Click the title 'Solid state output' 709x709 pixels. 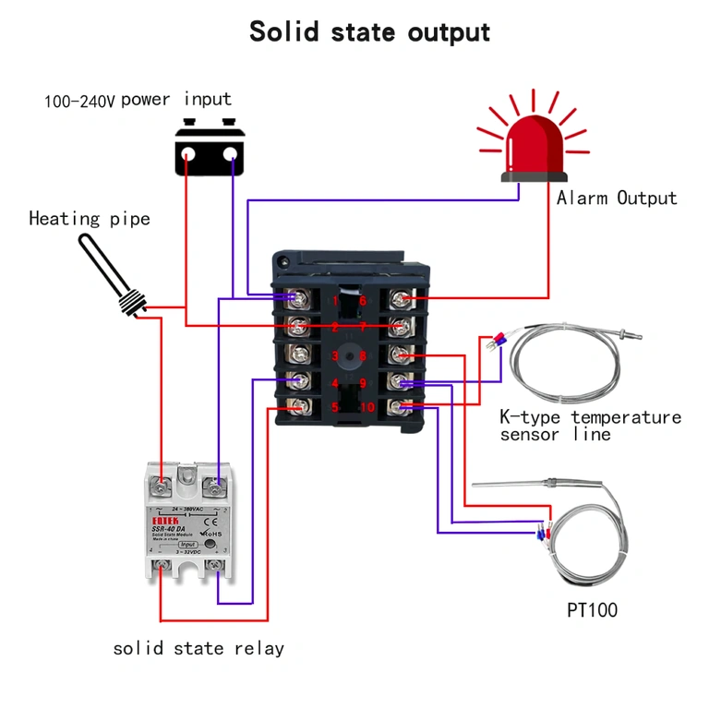click(x=369, y=30)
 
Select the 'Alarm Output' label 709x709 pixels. click(x=616, y=198)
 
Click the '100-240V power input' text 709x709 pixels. click(x=138, y=100)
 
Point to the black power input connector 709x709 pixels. click(x=212, y=149)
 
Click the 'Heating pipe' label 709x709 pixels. click(x=89, y=219)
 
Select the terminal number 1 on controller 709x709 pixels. click(x=335, y=300)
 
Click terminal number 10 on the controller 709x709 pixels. click(x=367, y=408)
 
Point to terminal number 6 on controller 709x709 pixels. click(x=363, y=300)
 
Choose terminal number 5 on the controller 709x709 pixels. click(x=335, y=408)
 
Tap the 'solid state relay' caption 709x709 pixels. click(x=198, y=648)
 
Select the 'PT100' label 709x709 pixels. click(x=592, y=610)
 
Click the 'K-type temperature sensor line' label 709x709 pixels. click(x=590, y=426)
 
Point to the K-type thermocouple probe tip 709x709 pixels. click(x=636, y=329)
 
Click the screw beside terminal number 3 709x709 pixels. click(x=298, y=354)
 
